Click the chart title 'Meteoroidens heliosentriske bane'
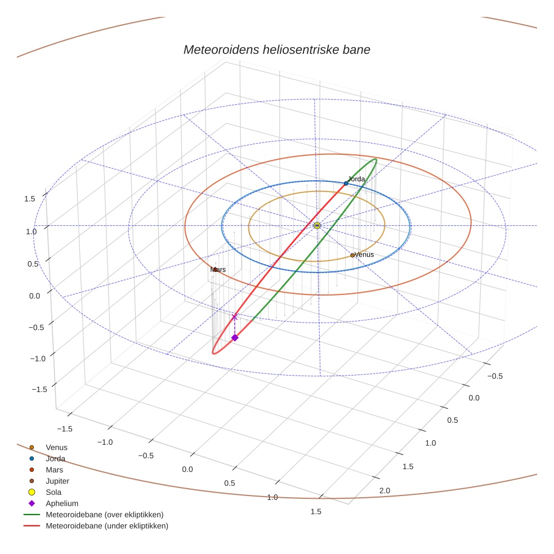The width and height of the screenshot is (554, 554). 276,50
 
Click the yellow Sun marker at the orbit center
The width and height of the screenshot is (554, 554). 317,225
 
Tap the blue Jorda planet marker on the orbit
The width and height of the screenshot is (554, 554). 346,184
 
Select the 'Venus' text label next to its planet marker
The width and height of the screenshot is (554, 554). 364,254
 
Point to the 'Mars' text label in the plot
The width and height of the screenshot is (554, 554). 218,270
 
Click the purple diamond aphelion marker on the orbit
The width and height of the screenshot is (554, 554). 235,337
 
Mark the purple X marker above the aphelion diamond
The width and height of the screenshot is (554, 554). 235,317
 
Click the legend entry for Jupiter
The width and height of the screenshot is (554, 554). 57,481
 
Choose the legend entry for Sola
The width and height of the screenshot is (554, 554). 53,492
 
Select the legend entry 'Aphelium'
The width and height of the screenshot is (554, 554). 61,503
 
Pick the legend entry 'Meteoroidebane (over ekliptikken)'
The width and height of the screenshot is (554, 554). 104,515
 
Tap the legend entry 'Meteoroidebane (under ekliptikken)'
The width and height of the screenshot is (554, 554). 106,526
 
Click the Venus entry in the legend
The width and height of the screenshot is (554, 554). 56,447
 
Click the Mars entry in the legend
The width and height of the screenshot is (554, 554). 54,470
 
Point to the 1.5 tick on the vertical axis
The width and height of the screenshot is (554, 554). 30,199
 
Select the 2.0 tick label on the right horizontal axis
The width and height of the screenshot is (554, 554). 385,491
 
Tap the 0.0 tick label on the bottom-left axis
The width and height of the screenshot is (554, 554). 187,469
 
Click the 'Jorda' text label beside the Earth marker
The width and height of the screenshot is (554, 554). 356,179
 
